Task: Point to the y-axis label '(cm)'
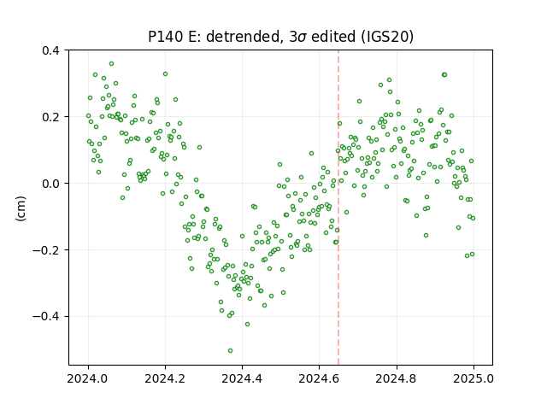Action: coord(21,208)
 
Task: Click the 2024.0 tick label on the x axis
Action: coord(88,378)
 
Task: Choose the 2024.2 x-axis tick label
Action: coord(165,378)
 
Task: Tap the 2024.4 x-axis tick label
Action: coord(242,378)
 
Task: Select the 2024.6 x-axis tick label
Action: coord(319,378)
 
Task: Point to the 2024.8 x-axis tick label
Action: coord(397,378)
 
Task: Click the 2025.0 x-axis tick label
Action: coord(473,378)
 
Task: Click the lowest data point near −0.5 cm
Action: coord(230,351)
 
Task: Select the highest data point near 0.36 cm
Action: coord(112,64)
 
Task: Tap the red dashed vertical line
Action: coord(338,208)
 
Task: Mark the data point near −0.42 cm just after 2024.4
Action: coord(247,325)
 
